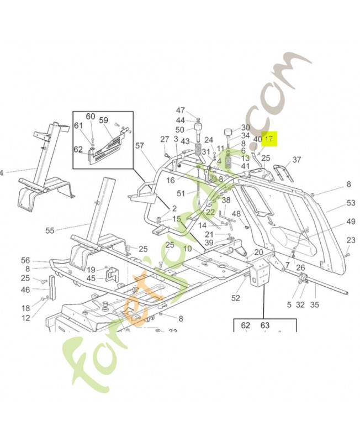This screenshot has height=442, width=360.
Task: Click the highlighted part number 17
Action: pos(269,140)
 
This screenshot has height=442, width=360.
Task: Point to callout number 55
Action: pos(50,230)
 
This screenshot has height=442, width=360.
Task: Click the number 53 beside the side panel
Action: pos(351,203)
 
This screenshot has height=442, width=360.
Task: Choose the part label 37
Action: pos(297,160)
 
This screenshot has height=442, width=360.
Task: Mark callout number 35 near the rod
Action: pos(315,304)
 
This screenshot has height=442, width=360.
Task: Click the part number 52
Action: pos(236,298)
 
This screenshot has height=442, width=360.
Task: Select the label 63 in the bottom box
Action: pos(265,326)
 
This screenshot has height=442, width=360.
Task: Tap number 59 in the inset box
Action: pos(104,119)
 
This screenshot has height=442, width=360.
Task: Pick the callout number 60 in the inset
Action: pos(91,116)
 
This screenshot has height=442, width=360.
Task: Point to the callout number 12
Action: pos(25,318)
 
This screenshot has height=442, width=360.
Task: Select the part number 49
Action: pos(351,222)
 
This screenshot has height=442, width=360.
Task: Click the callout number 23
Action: pos(351,240)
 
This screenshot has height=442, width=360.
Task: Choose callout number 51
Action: pos(181,193)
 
